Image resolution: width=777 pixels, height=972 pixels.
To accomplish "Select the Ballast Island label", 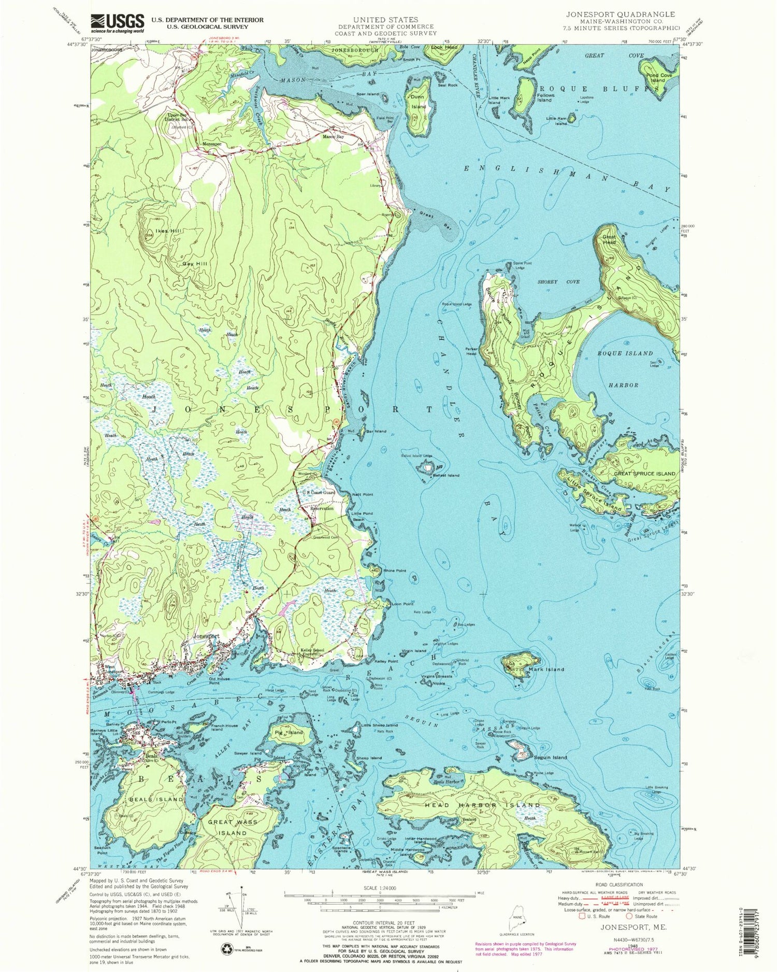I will (446, 475).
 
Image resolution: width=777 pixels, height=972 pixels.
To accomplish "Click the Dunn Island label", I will (419, 102).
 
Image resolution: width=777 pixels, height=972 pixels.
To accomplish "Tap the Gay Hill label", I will (195, 264).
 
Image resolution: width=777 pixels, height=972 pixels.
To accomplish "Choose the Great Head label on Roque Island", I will (609, 240).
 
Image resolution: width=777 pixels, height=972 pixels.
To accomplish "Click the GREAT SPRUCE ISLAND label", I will (644, 473).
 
